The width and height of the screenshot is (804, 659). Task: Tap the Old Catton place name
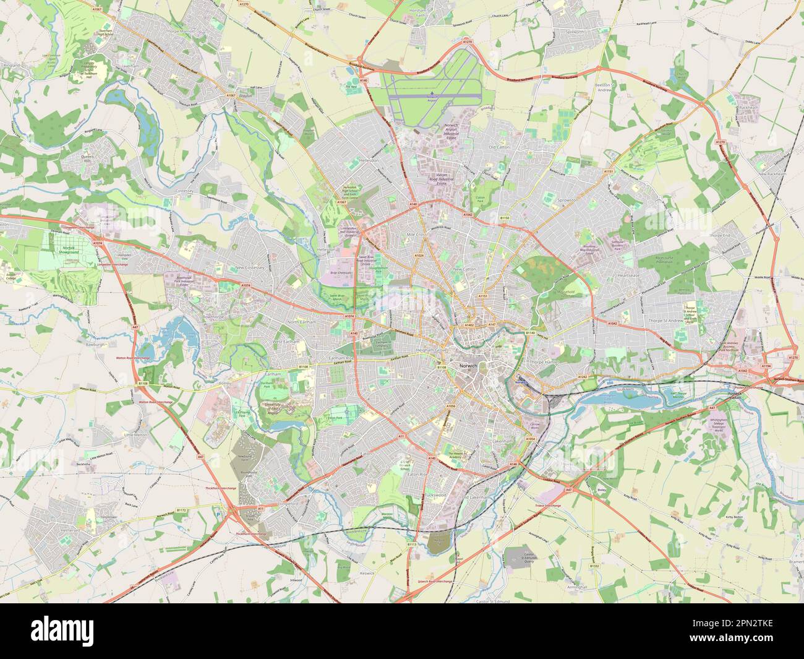click(x=501, y=147)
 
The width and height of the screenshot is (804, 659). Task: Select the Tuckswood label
click(x=435, y=496)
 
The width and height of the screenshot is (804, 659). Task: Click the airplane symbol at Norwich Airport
click(x=431, y=94)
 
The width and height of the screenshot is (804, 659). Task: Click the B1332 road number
click(x=594, y=566)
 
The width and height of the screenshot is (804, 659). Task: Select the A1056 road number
click(x=451, y=407)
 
